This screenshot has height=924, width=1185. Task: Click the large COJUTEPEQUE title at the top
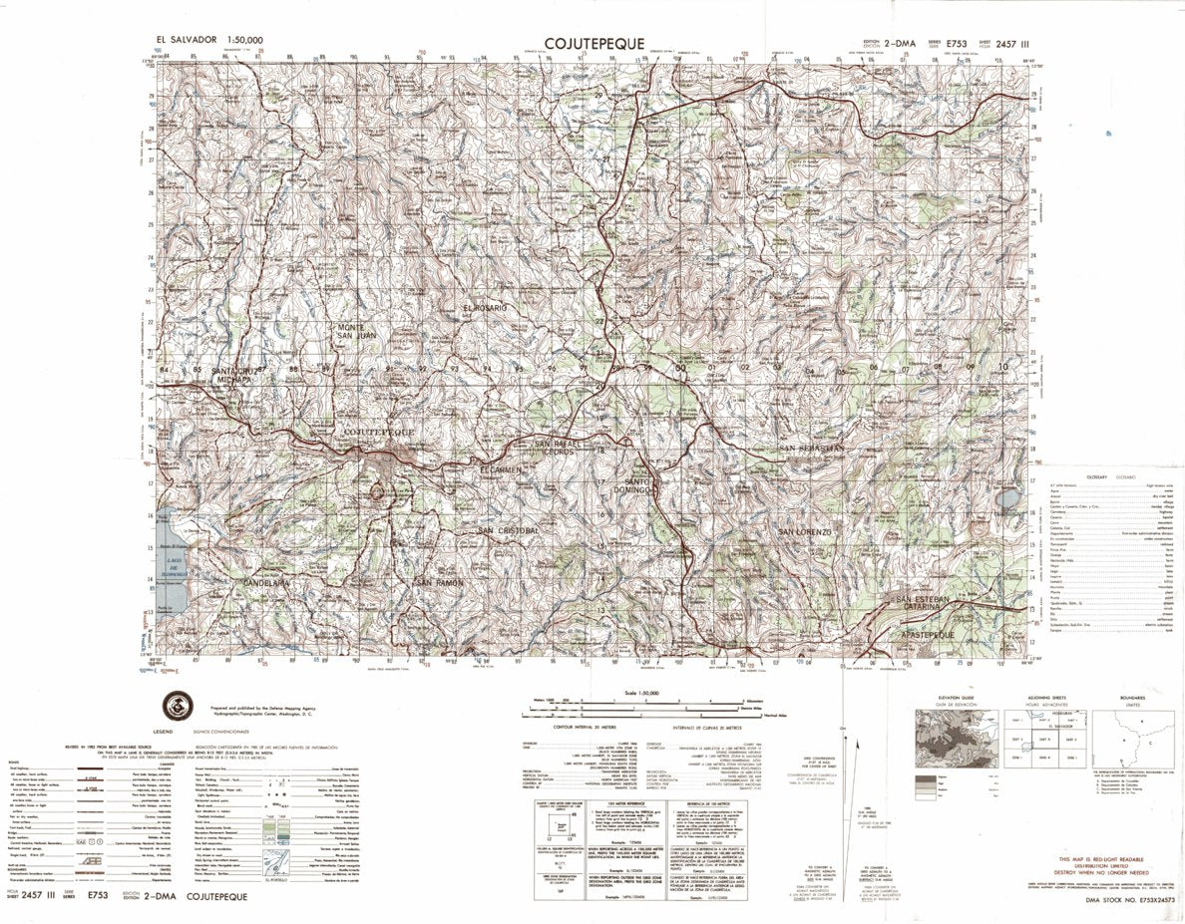593,43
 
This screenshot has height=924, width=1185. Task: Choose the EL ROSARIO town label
485,308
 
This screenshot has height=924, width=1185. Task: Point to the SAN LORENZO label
804,532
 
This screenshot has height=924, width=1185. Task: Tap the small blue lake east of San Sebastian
1010,496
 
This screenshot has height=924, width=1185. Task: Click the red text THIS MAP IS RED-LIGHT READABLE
1101,858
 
